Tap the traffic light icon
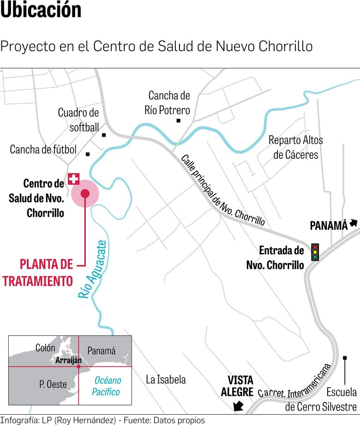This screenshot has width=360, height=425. (x=316, y=252)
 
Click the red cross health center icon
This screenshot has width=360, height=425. (x=73, y=179)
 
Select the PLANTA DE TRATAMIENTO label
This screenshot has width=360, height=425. (x=46, y=272)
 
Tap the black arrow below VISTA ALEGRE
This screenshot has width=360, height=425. (x=238, y=406)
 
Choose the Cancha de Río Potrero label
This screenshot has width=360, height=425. (x=169, y=102)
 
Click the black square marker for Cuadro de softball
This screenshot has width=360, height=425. (x=104, y=135)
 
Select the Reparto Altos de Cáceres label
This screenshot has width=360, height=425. (x=296, y=147)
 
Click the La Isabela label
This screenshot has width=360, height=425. (x=166, y=380)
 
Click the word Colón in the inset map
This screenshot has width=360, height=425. (x=45, y=348)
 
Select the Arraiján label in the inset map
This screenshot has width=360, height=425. (x=68, y=360)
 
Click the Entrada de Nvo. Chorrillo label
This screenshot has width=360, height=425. (x=282, y=257)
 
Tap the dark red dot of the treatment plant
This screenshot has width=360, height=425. (x=85, y=194)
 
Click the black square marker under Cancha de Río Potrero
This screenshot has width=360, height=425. (x=178, y=121)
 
